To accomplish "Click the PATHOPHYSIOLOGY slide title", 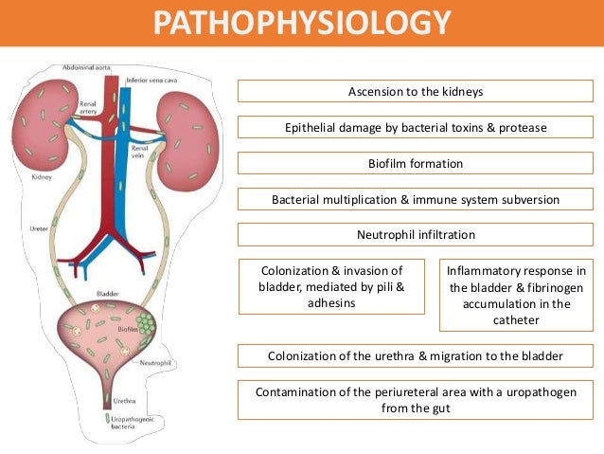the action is point(303,22).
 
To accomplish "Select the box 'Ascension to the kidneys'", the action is point(415,92).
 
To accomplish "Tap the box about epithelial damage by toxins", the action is point(415,128).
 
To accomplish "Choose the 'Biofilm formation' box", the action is point(415,164).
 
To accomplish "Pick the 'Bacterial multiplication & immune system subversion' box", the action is point(415,200).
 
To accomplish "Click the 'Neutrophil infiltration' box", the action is point(415,235).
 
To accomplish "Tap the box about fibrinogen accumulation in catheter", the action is point(516,296).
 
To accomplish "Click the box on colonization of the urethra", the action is point(415,356).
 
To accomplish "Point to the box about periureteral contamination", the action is point(415,399).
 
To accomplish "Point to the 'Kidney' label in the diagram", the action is point(41,176).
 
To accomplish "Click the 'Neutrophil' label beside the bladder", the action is point(152,362).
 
